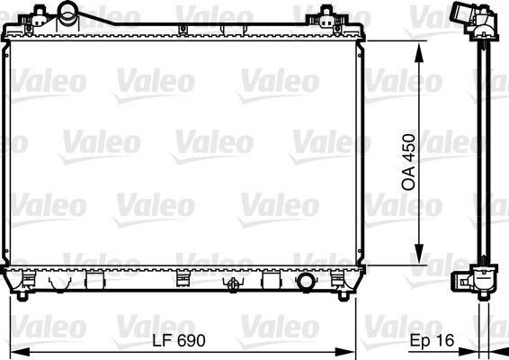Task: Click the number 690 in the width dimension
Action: pyautogui.click(x=192, y=341)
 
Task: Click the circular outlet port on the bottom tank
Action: pyautogui.click(x=307, y=282)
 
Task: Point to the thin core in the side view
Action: pyautogui.click(x=485, y=153)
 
